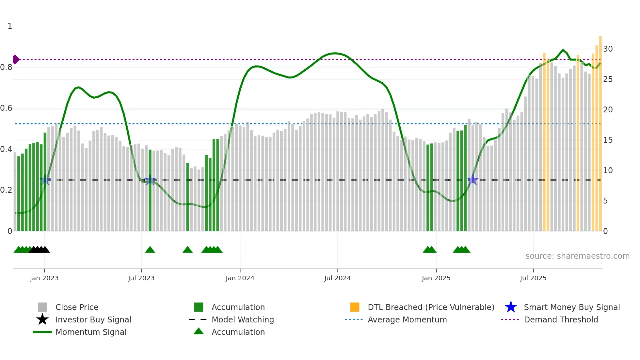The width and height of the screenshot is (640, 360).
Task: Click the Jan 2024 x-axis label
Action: point(240,278)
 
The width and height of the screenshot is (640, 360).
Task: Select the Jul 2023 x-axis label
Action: point(141,278)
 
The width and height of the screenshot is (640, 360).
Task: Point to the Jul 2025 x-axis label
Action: point(533,278)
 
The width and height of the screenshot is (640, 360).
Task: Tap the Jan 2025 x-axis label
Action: point(436,278)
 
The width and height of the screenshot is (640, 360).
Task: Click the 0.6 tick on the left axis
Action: point(6,108)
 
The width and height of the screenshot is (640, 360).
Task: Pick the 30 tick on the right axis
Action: point(608,49)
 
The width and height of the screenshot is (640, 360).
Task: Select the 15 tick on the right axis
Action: point(608,140)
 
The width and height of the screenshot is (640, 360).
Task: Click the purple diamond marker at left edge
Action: point(16,59)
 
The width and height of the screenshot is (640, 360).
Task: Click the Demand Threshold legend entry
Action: point(561,319)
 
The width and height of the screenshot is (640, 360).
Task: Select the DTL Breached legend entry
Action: point(431,307)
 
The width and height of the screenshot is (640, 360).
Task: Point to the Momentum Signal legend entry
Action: point(91,332)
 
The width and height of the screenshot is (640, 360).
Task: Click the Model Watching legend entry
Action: point(243,319)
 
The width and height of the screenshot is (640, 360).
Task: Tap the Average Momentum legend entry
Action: point(407,319)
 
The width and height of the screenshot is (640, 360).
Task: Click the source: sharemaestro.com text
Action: point(577,256)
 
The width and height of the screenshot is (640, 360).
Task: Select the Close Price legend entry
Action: point(77,307)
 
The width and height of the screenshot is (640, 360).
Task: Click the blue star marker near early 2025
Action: point(472,180)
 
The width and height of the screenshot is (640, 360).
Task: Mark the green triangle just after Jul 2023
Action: point(150,250)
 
